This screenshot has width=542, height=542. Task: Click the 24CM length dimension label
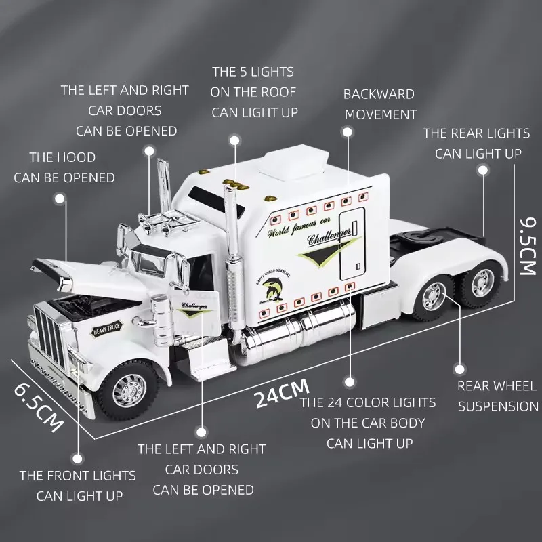click(282, 393)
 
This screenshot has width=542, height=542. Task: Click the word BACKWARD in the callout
click(379, 93)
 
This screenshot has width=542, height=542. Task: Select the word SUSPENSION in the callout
click(498, 406)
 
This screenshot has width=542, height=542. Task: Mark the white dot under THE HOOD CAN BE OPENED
click(60, 199)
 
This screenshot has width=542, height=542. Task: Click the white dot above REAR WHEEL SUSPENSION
click(460, 368)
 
